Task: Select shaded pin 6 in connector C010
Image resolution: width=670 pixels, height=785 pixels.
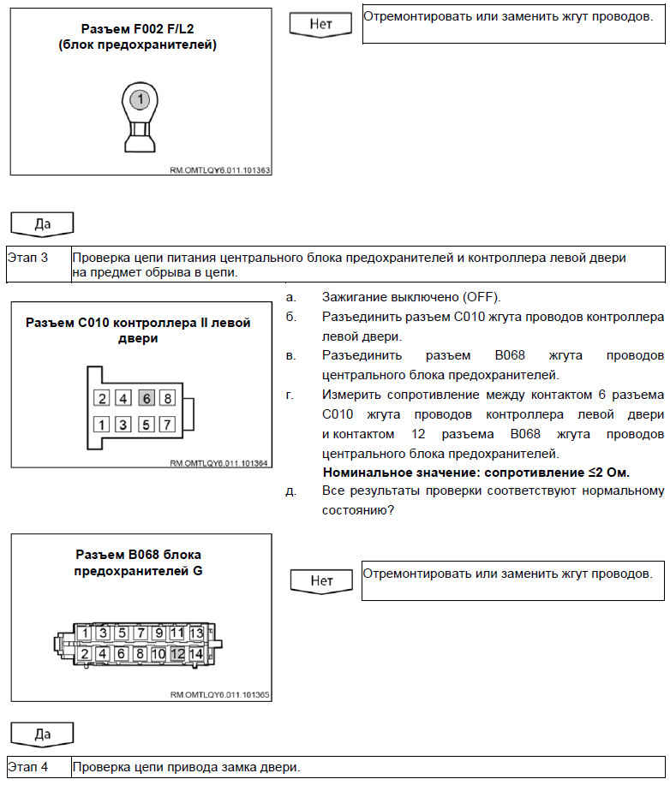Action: [x=146, y=398]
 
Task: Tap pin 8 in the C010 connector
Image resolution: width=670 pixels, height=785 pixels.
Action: [x=168, y=398]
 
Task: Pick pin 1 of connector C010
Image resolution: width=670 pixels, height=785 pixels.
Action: [x=102, y=424]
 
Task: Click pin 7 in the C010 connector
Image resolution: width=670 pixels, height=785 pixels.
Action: [x=168, y=424]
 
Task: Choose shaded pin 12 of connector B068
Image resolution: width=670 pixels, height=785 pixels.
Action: [x=178, y=653]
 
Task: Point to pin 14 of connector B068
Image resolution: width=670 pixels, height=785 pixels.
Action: [x=197, y=653]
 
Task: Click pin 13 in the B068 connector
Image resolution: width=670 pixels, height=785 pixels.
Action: [x=197, y=633]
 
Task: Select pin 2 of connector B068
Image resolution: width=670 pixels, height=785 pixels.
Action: [x=85, y=653]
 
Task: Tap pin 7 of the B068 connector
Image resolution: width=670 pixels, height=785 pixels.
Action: [x=141, y=633]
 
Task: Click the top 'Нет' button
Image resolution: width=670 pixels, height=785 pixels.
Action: [x=321, y=24]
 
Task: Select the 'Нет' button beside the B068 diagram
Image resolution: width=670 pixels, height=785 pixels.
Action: [x=321, y=580]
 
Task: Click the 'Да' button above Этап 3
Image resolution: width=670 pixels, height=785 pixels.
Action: [x=41, y=224]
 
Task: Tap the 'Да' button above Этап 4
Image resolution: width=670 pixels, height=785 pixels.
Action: [x=41, y=734]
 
